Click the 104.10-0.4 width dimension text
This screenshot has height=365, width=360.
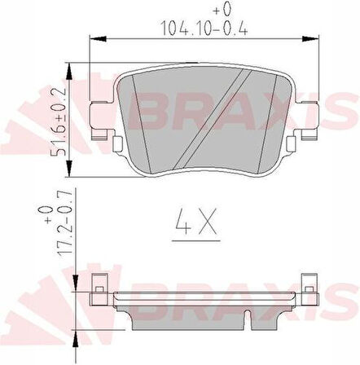point(204,28)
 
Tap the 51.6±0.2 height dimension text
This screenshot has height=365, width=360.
point(59,121)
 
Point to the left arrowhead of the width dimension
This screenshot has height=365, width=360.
point(98,39)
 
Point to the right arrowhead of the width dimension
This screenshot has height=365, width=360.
point(310,39)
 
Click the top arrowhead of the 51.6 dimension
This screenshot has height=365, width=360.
point(69,71)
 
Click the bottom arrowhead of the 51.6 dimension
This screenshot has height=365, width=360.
point(69,169)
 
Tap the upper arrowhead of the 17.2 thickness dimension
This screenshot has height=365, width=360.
point(76,284)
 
